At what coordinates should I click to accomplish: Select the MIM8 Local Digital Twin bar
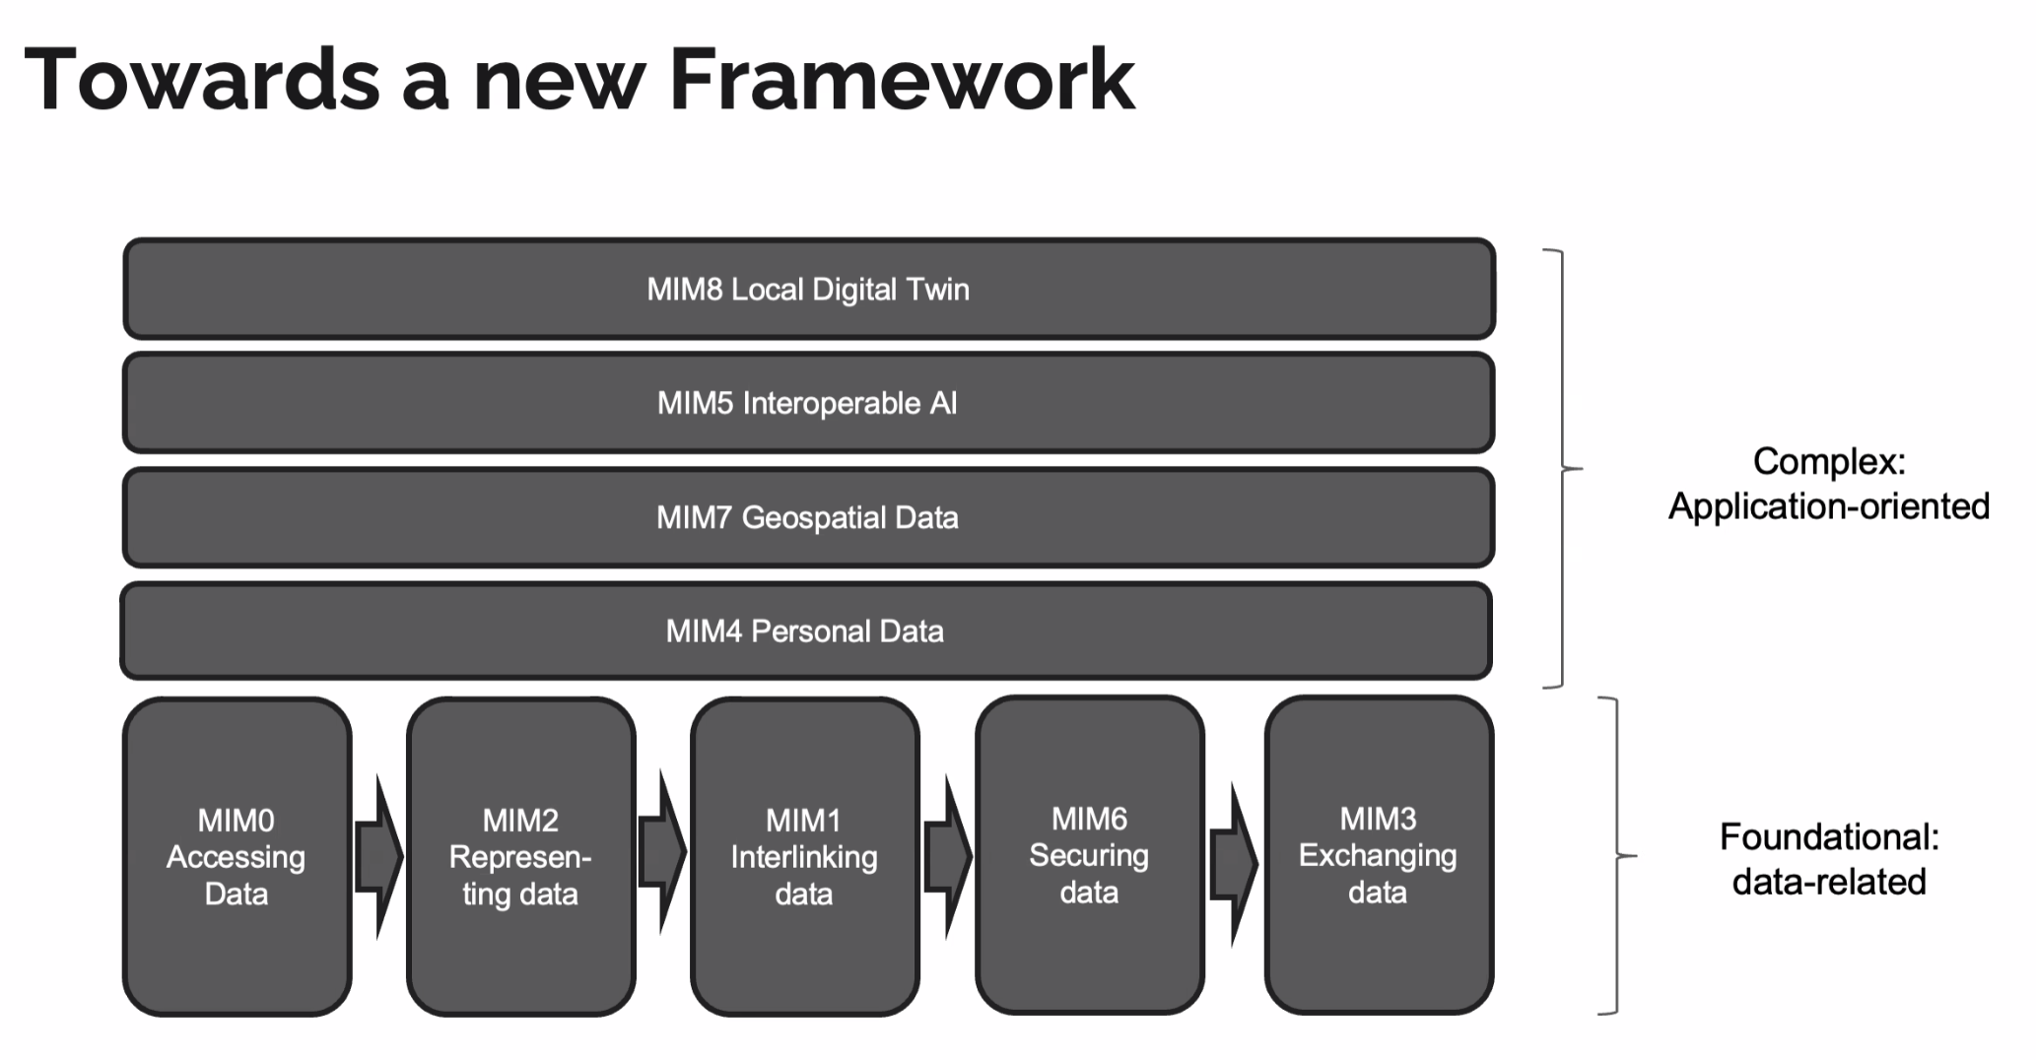808,290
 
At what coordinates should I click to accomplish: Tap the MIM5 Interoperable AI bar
808,404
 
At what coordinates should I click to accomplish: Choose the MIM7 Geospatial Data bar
808,518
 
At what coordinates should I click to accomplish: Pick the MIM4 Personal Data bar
805,631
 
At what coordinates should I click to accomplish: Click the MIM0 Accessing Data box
237,856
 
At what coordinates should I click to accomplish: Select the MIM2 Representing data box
520,856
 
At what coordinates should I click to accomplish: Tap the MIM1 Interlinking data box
804,856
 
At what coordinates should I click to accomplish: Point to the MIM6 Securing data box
1089,854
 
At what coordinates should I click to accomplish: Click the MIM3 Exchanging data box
1378,854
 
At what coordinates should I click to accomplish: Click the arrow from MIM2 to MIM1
662,854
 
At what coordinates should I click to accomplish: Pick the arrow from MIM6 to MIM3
1233,864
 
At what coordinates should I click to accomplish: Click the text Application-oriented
1829,506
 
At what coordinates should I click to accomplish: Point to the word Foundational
1828,837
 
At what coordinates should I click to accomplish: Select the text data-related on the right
1829,882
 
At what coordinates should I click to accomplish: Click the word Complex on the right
1828,461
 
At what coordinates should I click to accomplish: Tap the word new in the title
559,81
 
